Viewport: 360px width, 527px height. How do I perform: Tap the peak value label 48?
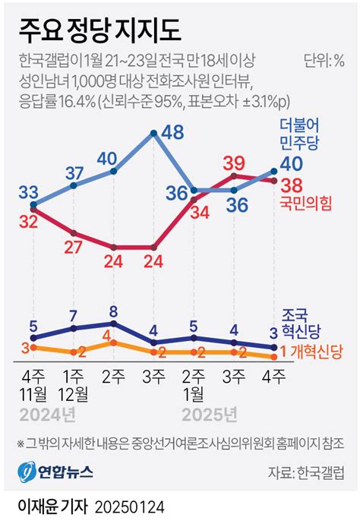point(173,132)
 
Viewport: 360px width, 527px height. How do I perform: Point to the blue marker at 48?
point(154,134)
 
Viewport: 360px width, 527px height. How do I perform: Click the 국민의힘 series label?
point(308,202)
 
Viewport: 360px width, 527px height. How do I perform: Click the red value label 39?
point(234,162)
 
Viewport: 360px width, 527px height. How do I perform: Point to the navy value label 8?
point(113,311)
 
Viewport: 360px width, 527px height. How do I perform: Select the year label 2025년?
point(210,414)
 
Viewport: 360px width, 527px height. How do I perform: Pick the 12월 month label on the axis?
point(73,393)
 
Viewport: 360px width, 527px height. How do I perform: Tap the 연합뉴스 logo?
point(55,472)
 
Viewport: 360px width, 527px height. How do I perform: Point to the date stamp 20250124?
point(131,506)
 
